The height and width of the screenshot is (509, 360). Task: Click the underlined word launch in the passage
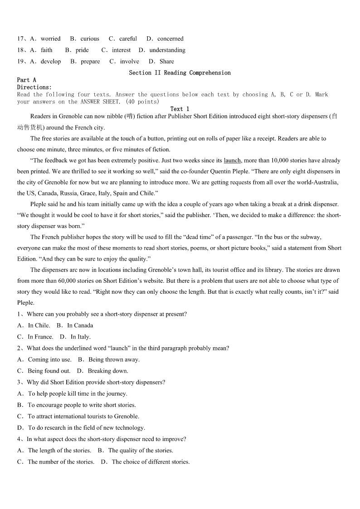coord(232,160)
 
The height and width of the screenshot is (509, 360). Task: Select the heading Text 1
coord(180,109)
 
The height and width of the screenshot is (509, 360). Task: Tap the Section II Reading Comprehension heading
coord(180,73)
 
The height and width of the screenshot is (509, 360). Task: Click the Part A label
coord(27,80)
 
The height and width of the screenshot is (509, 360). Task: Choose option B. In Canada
coord(75,325)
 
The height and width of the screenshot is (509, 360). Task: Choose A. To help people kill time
coord(73,393)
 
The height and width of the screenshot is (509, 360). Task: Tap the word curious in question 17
coord(90,39)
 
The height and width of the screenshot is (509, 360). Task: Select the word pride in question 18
coord(82,50)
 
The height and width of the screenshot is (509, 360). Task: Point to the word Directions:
coord(34,87)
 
